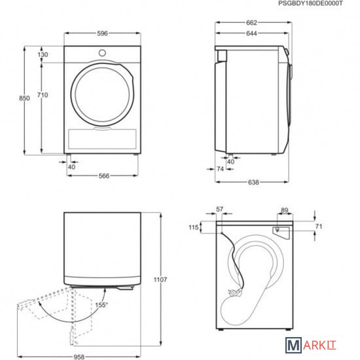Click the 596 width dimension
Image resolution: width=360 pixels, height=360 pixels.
102,33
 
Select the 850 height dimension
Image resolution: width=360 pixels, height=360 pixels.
24,98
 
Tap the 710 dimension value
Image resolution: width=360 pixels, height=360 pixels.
43,95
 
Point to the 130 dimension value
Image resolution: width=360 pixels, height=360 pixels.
43,54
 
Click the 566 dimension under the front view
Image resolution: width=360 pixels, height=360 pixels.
104,176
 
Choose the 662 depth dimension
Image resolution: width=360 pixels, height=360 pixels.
251,23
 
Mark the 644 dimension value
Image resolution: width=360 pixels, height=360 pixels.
251,33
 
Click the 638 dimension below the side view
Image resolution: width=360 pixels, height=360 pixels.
253,183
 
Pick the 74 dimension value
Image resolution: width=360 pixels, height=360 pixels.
220,169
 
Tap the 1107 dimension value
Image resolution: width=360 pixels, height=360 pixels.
160,279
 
